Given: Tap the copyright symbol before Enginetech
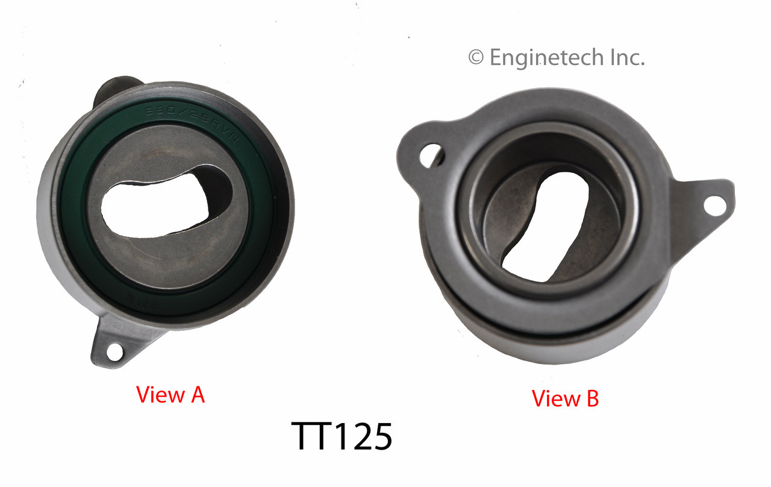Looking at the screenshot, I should point(476,58).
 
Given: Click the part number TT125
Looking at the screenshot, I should point(342,437).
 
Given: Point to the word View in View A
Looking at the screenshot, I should point(160,395).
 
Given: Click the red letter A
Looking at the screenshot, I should point(197,395).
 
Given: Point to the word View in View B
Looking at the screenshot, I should point(555,398).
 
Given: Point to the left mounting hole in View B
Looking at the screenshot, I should point(432,154).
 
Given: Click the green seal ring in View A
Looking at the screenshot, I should point(78,241).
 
